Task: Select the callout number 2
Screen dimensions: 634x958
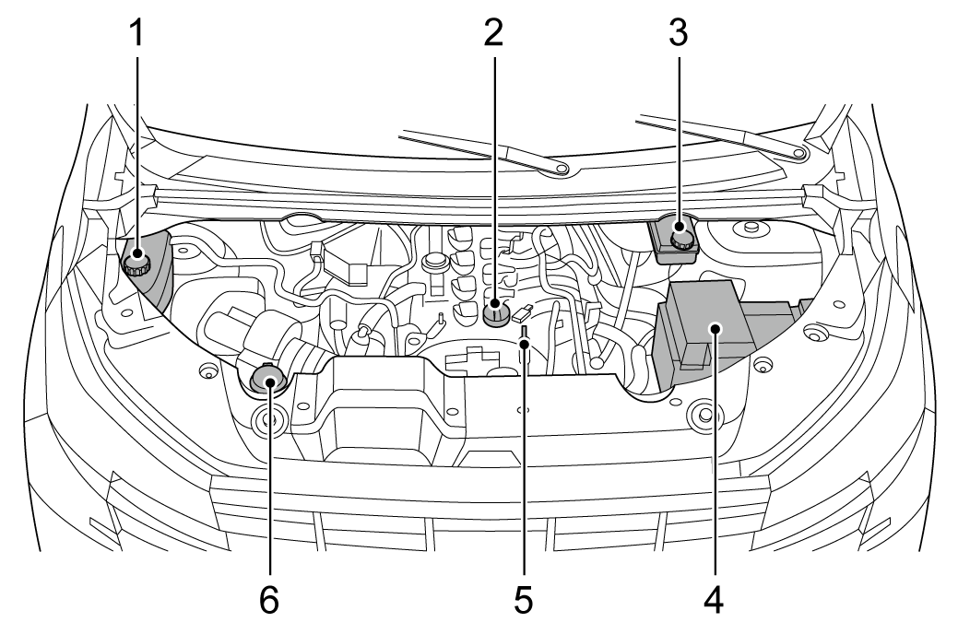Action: click(x=495, y=34)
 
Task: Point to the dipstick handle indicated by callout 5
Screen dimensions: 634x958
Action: click(x=523, y=339)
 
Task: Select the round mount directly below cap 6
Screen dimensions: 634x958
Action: click(x=268, y=422)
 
